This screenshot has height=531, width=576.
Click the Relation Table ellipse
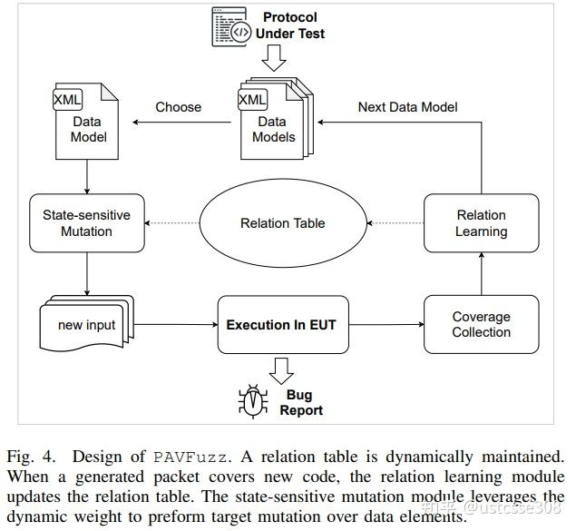pyautogui.click(x=283, y=223)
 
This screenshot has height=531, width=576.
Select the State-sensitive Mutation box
pyautogui.click(x=86, y=223)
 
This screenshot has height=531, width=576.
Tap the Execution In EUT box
pyautogui.click(x=281, y=324)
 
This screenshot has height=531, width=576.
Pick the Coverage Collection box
pyautogui.click(x=481, y=324)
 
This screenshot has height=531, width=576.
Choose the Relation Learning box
pyautogui.click(x=481, y=223)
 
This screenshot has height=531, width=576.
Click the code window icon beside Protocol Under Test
pyautogui.click(x=229, y=27)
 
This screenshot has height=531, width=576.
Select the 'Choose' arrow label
pyautogui.click(x=178, y=107)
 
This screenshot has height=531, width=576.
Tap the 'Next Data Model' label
pyautogui.click(x=407, y=107)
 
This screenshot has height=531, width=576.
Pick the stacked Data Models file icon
pyautogui.click(x=274, y=114)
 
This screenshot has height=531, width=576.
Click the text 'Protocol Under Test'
pyautogui.click(x=290, y=25)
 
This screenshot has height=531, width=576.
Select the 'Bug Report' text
pyautogui.click(x=300, y=403)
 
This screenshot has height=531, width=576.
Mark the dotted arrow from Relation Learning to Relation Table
pyautogui.click(x=395, y=223)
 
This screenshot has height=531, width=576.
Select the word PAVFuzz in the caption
pyautogui.click(x=184, y=457)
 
